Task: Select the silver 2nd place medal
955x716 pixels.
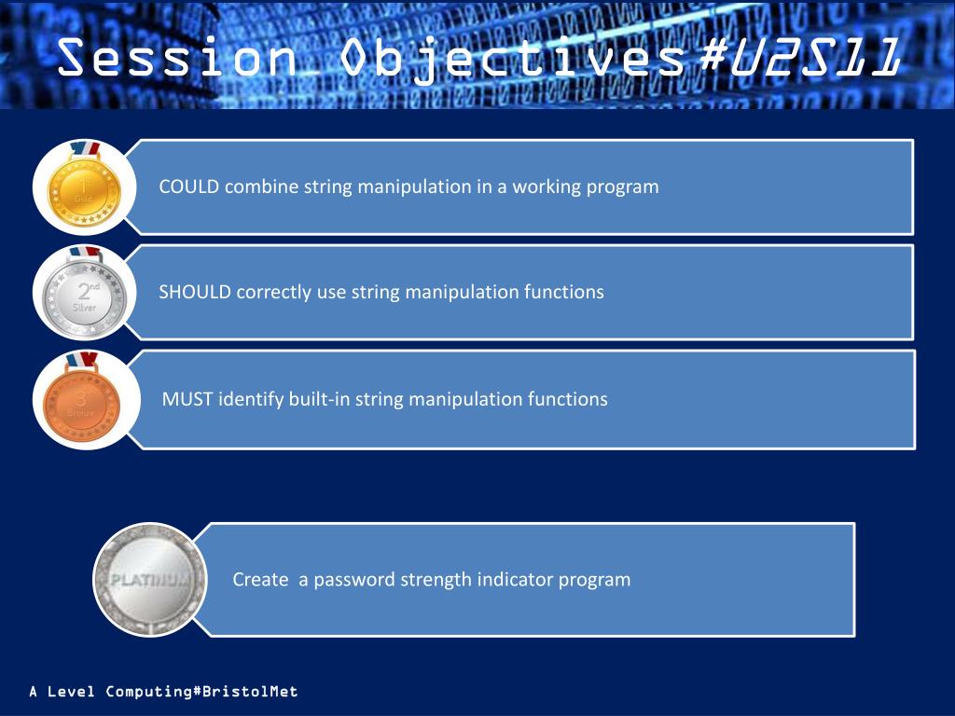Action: point(84,293)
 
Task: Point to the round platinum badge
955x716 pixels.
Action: point(150,580)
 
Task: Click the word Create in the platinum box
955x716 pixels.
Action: point(260,579)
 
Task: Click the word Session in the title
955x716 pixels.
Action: point(177,57)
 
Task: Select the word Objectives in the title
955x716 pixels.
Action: point(512,59)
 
